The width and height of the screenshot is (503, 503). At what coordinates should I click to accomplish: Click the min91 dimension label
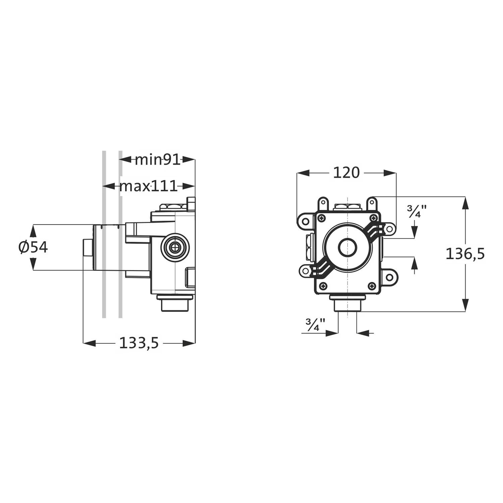tap(158, 160)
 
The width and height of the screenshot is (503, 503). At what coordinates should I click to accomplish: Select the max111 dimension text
tap(148, 186)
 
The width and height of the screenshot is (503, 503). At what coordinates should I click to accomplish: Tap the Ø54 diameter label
tap(33, 247)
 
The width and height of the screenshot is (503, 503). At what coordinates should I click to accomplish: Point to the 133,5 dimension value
tap(139, 343)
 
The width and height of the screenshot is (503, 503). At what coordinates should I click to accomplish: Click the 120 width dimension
tap(346, 173)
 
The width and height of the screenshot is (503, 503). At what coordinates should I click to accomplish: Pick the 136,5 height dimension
tap(465, 254)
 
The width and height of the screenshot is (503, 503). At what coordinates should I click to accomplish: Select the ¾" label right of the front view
tap(417, 211)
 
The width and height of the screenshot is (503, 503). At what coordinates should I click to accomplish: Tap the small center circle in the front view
tap(347, 247)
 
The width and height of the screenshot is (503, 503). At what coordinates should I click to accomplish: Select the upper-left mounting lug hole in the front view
tap(306, 221)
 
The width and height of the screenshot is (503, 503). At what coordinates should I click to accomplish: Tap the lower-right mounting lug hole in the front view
tap(389, 277)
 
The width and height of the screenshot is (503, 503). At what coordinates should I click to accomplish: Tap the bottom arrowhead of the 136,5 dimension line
tap(465, 305)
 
